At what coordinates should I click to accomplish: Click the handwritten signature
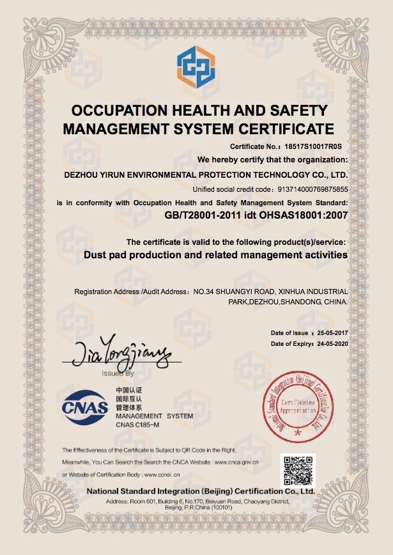118,350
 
